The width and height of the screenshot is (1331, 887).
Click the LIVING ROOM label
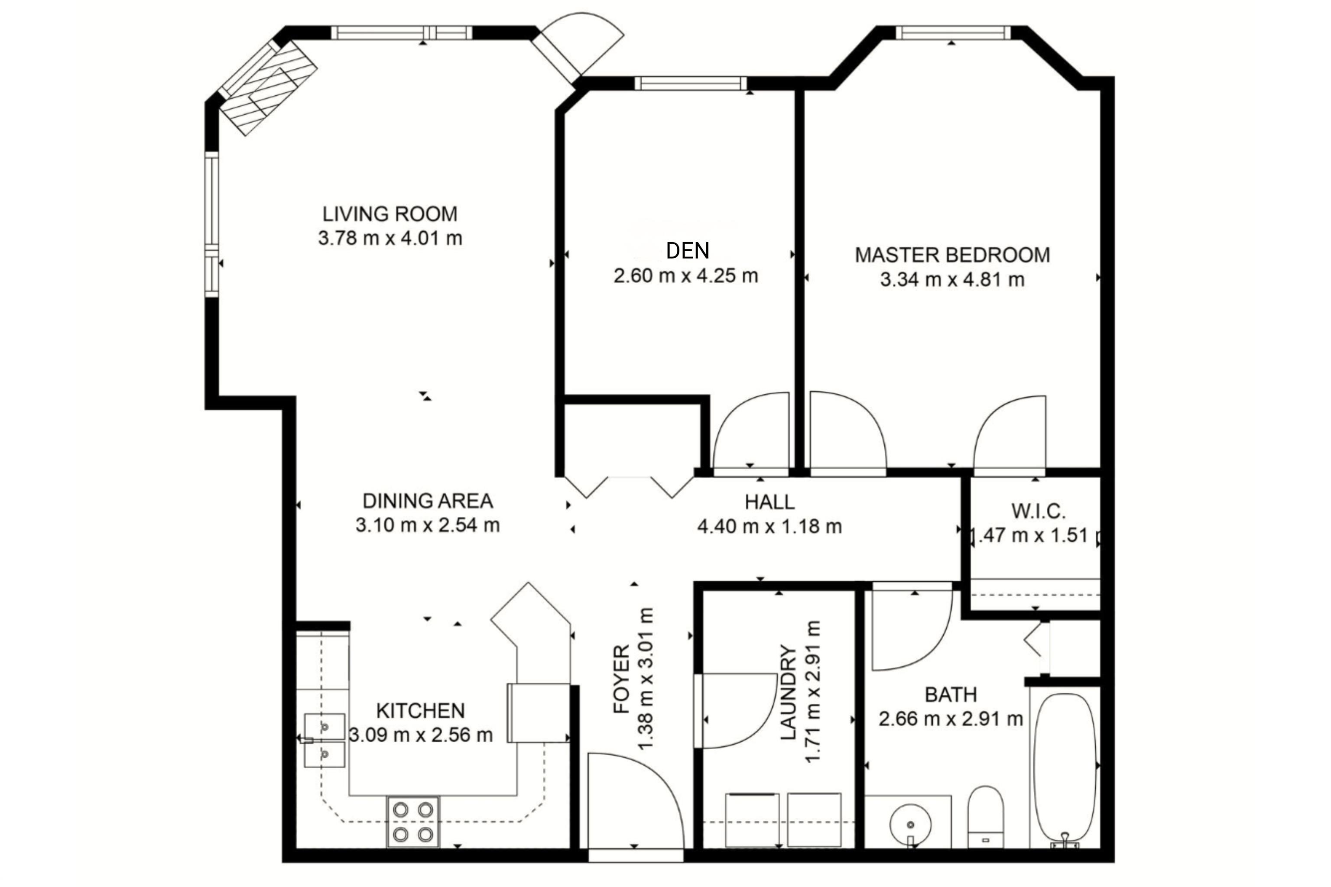[x=390, y=214]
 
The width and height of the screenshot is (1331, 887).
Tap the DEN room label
[x=688, y=251]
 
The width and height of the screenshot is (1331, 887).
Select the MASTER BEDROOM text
[x=952, y=255]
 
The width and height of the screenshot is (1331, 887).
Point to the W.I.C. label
[x=1039, y=511]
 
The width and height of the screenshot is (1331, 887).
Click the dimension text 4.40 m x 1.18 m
[x=769, y=527]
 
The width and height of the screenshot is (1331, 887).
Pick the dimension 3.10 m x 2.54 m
[x=428, y=525]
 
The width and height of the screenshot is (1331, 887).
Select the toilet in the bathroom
[x=985, y=816]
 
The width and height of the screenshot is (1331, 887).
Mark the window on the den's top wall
[x=690, y=84]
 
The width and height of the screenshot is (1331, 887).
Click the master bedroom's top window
[x=952, y=33]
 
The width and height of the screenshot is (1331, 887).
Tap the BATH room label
[x=951, y=695]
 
